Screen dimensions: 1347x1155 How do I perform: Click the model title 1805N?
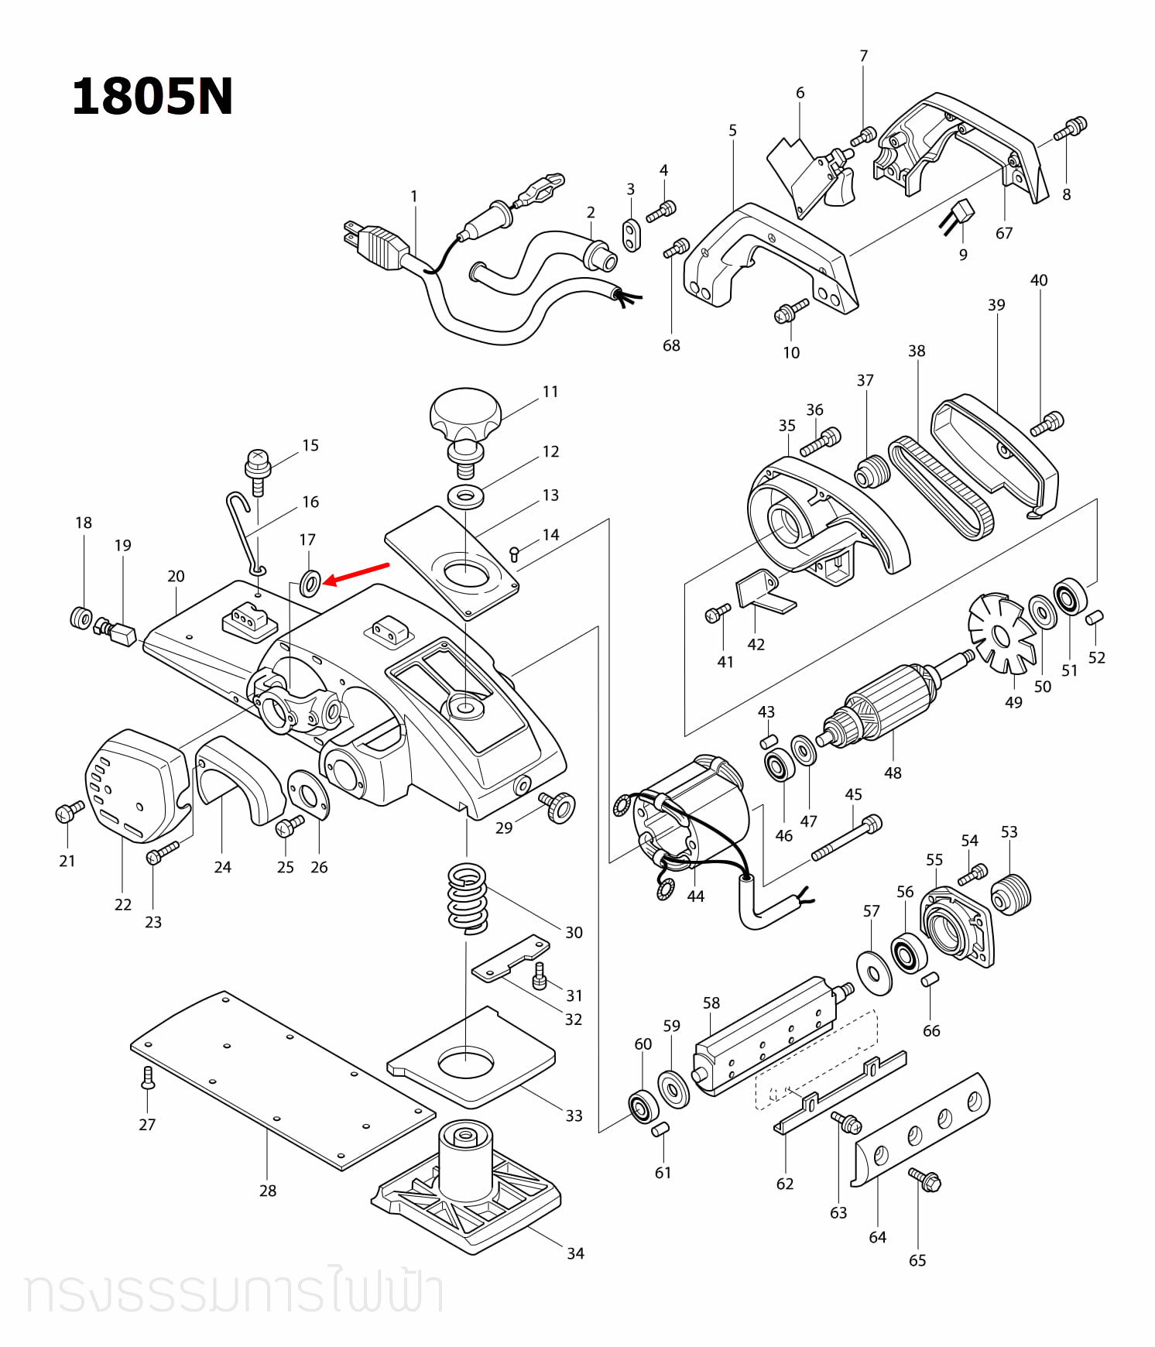tap(152, 97)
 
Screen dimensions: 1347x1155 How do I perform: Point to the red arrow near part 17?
tap(356, 574)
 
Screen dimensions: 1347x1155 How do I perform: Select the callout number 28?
tap(268, 1191)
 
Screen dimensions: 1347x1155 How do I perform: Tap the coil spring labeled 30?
tap(468, 898)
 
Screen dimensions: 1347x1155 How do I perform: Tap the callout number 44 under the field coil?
tap(696, 896)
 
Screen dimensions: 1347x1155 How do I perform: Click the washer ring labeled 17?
tap(310, 582)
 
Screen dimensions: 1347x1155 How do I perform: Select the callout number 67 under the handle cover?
tap(1004, 233)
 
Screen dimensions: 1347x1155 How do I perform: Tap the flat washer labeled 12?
tap(465, 495)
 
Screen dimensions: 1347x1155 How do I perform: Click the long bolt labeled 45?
tap(847, 838)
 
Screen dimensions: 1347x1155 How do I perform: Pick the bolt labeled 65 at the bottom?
tap(924, 1179)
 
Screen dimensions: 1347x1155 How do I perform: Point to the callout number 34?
tap(575, 1253)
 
